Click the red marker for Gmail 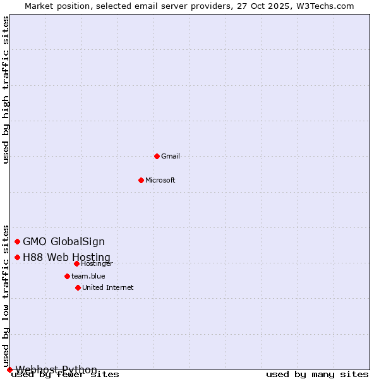157,156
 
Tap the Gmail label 171,156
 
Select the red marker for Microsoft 141,180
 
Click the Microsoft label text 160,180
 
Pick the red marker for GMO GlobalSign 17,241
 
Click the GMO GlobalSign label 64,241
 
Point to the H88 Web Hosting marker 17,257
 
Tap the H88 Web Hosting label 66,257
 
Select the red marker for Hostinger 76,263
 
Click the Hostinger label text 97,263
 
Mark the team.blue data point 67,276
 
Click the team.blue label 88,276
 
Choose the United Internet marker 78,287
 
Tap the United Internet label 107,287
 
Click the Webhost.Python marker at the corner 9,370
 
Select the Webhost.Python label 56,370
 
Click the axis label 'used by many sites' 317,375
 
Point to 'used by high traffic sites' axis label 6,90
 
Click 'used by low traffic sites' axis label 6,296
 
